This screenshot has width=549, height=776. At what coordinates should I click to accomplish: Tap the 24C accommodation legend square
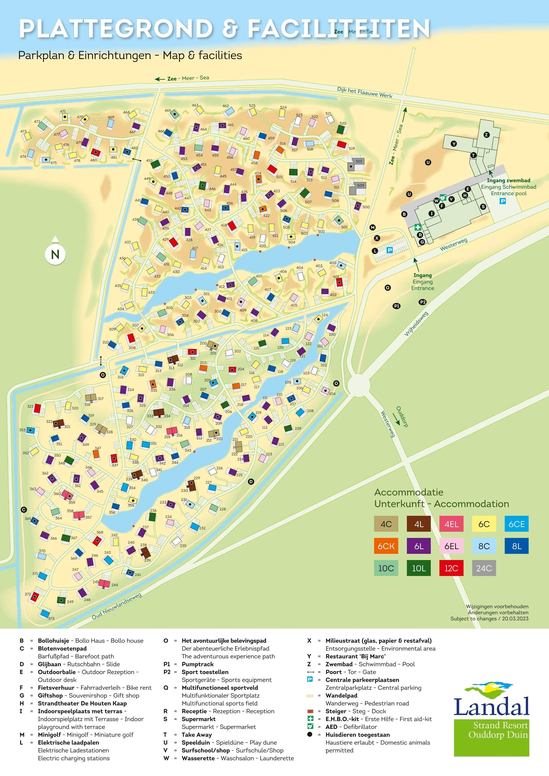[x=484, y=568]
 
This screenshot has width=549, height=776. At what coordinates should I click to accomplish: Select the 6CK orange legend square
[x=386, y=546]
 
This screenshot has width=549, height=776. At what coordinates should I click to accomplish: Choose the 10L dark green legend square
[x=419, y=568]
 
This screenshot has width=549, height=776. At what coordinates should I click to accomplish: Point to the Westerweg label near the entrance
[x=453, y=244]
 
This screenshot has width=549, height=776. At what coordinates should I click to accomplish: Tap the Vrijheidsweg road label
[x=416, y=323]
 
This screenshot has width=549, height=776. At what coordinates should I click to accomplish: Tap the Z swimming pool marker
[x=486, y=135]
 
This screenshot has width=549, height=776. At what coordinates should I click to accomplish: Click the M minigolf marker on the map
[x=373, y=227]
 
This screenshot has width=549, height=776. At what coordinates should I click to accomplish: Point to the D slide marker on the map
[x=251, y=482]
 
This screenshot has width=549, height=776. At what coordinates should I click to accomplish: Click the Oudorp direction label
[x=402, y=417]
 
